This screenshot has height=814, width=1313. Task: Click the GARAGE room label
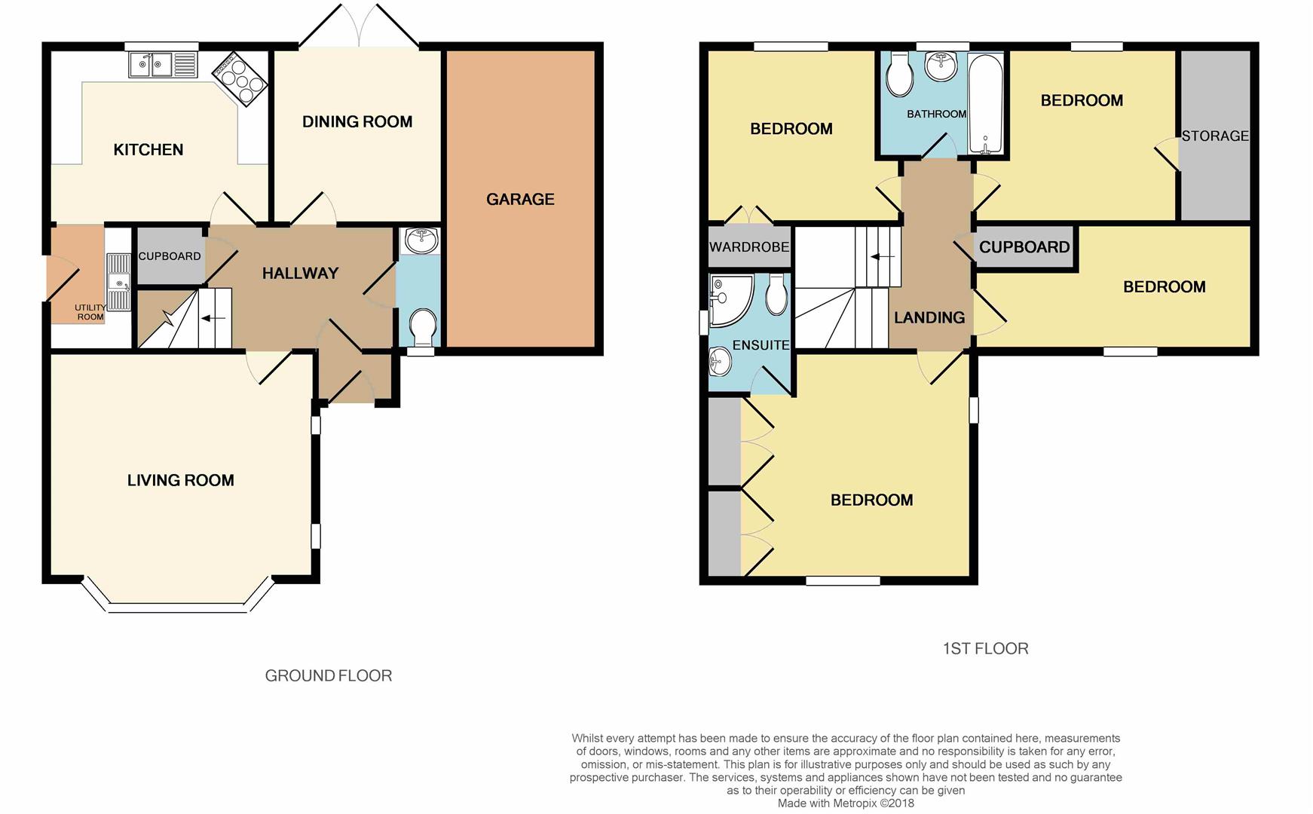click(520, 199)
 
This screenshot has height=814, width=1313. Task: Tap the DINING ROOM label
click(357, 121)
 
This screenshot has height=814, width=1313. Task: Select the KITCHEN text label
click(148, 149)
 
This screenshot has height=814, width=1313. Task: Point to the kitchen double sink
click(163, 65)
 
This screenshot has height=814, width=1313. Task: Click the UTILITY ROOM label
click(90, 312)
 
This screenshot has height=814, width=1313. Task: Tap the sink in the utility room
click(119, 282)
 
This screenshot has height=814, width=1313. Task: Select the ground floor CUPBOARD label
click(170, 256)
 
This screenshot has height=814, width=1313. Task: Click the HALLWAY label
click(300, 273)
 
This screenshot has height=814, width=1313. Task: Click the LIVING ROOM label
click(181, 480)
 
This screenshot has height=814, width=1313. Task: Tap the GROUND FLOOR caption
click(329, 675)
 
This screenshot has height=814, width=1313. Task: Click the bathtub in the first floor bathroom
click(985, 103)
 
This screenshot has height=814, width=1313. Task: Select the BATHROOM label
click(937, 114)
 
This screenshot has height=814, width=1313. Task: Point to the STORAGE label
click(1215, 136)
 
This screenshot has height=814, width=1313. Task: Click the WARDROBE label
click(749, 247)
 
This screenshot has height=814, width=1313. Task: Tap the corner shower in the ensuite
click(731, 300)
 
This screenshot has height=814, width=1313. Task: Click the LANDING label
click(929, 317)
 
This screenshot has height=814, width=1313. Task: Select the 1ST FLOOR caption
click(986, 648)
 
